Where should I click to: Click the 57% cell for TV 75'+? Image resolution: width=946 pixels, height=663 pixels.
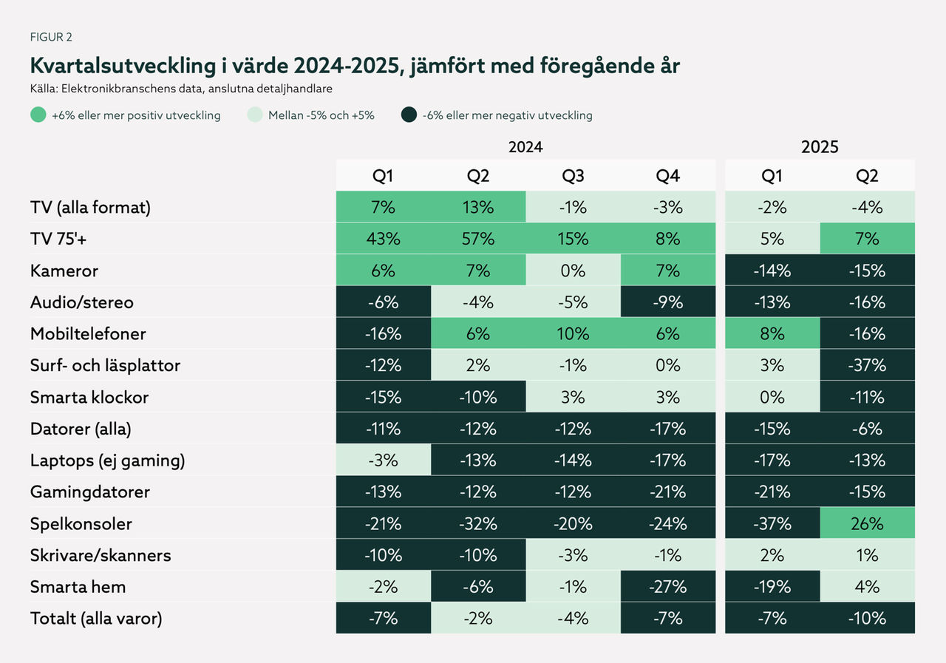pyautogui.click(x=478, y=239)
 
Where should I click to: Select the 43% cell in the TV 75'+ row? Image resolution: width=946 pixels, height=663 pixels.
pyautogui.click(x=383, y=239)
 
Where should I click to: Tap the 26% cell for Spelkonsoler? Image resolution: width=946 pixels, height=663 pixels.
pyautogui.click(x=867, y=523)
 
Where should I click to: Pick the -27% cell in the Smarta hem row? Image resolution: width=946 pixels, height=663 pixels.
pyautogui.click(x=667, y=587)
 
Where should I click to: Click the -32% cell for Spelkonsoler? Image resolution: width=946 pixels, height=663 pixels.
pyautogui.click(x=478, y=523)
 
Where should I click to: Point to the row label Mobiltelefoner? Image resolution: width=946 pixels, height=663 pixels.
pyautogui.click(x=88, y=333)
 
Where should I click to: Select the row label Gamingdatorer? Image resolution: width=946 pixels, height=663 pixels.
pyautogui.click(x=89, y=492)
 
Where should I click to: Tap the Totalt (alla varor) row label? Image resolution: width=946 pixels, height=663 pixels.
pyautogui.click(x=96, y=618)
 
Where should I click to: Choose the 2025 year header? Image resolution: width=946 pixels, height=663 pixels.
pyautogui.click(x=820, y=146)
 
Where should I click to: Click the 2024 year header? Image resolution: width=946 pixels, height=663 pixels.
pyautogui.click(x=525, y=146)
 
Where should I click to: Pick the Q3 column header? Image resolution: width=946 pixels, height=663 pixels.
pyautogui.click(x=573, y=176)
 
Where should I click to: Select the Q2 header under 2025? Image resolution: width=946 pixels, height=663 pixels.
pyautogui.click(x=867, y=176)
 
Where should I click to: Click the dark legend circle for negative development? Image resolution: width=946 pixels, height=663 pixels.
pyautogui.click(x=408, y=115)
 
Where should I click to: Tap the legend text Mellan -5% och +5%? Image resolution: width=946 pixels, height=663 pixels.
pyautogui.click(x=321, y=115)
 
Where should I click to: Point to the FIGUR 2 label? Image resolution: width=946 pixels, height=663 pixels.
pyautogui.click(x=51, y=36)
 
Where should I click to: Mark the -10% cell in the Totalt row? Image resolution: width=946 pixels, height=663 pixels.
pyautogui.click(x=867, y=618)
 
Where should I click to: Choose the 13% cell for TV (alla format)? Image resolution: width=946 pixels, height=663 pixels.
pyautogui.click(x=478, y=207)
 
